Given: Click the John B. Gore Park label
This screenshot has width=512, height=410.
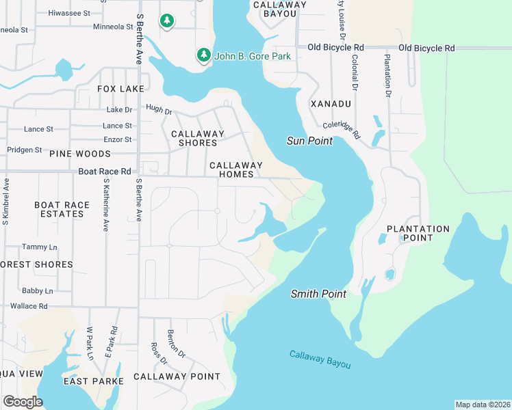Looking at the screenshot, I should point(252,56).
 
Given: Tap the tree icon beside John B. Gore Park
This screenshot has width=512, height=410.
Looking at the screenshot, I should point(203,55).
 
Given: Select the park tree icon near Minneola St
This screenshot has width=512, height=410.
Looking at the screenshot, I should point(166,22).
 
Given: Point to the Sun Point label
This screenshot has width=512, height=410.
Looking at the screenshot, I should point(309,141).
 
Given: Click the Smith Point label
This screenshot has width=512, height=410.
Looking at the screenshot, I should point(318,294).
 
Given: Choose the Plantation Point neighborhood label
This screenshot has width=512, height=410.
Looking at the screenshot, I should point(418,233).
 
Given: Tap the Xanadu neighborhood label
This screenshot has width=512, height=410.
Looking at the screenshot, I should point(331,104).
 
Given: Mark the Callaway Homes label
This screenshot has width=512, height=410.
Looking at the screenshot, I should point(236,169).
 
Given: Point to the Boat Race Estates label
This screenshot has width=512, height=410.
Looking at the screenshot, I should point(62,209).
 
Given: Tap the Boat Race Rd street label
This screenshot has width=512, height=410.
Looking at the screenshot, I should point(104,172).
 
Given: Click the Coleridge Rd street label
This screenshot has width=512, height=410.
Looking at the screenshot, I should point(342,130).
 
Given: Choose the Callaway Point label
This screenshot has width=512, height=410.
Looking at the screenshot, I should point(177,377).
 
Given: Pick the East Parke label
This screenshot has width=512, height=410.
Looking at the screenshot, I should point(93,381).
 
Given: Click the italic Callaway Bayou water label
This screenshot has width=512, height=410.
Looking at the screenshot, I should point(320,359).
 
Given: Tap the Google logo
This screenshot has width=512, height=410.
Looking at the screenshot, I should point(23,402).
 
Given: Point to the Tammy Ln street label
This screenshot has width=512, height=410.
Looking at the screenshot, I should point(40,247).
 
